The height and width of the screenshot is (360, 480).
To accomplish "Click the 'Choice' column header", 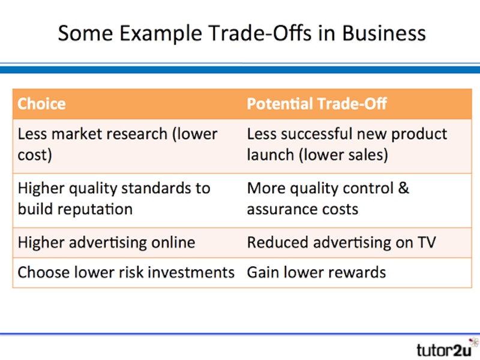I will click(41, 104).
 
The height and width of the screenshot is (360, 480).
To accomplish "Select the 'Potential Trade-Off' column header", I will click(317, 104).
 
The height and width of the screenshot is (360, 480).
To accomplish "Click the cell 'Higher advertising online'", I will click(106, 242).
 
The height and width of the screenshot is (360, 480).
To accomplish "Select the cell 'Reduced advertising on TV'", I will click(341, 242).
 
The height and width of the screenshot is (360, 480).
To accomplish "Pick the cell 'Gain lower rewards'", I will click(316, 272).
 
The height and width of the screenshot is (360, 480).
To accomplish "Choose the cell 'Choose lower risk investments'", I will click(125, 272).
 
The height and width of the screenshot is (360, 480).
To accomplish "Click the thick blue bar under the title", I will click(240, 70).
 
